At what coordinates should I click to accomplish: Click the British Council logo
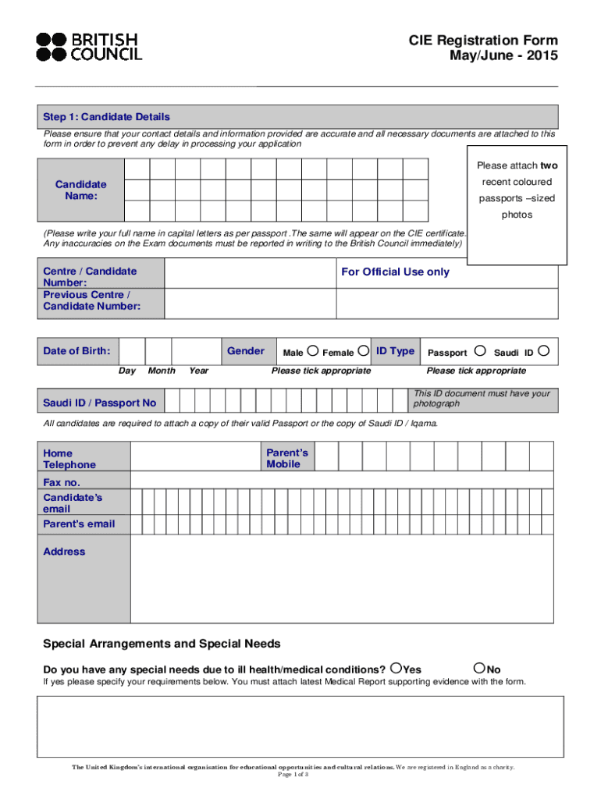tap(89, 47)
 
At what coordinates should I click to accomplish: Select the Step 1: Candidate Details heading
tap(106, 117)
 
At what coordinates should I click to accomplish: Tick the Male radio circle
tap(313, 351)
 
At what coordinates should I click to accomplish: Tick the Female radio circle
tap(363, 351)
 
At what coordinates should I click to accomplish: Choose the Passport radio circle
tap(480, 351)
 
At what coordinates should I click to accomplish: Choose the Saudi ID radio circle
tap(544, 351)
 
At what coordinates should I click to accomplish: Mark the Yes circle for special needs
tap(398, 668)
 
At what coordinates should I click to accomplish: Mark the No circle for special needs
tap(479, 668)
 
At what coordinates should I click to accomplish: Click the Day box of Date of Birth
tap(133, 351)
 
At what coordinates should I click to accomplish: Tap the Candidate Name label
tap(81, 190)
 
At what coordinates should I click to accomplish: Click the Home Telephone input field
tap(197, 456)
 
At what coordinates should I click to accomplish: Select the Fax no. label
tap(62, 483)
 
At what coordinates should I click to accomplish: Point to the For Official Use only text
tap(395, 272)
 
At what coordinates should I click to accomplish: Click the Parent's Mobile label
tap(287, 458)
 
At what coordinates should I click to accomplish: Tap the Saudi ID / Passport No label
tap(99, 403)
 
